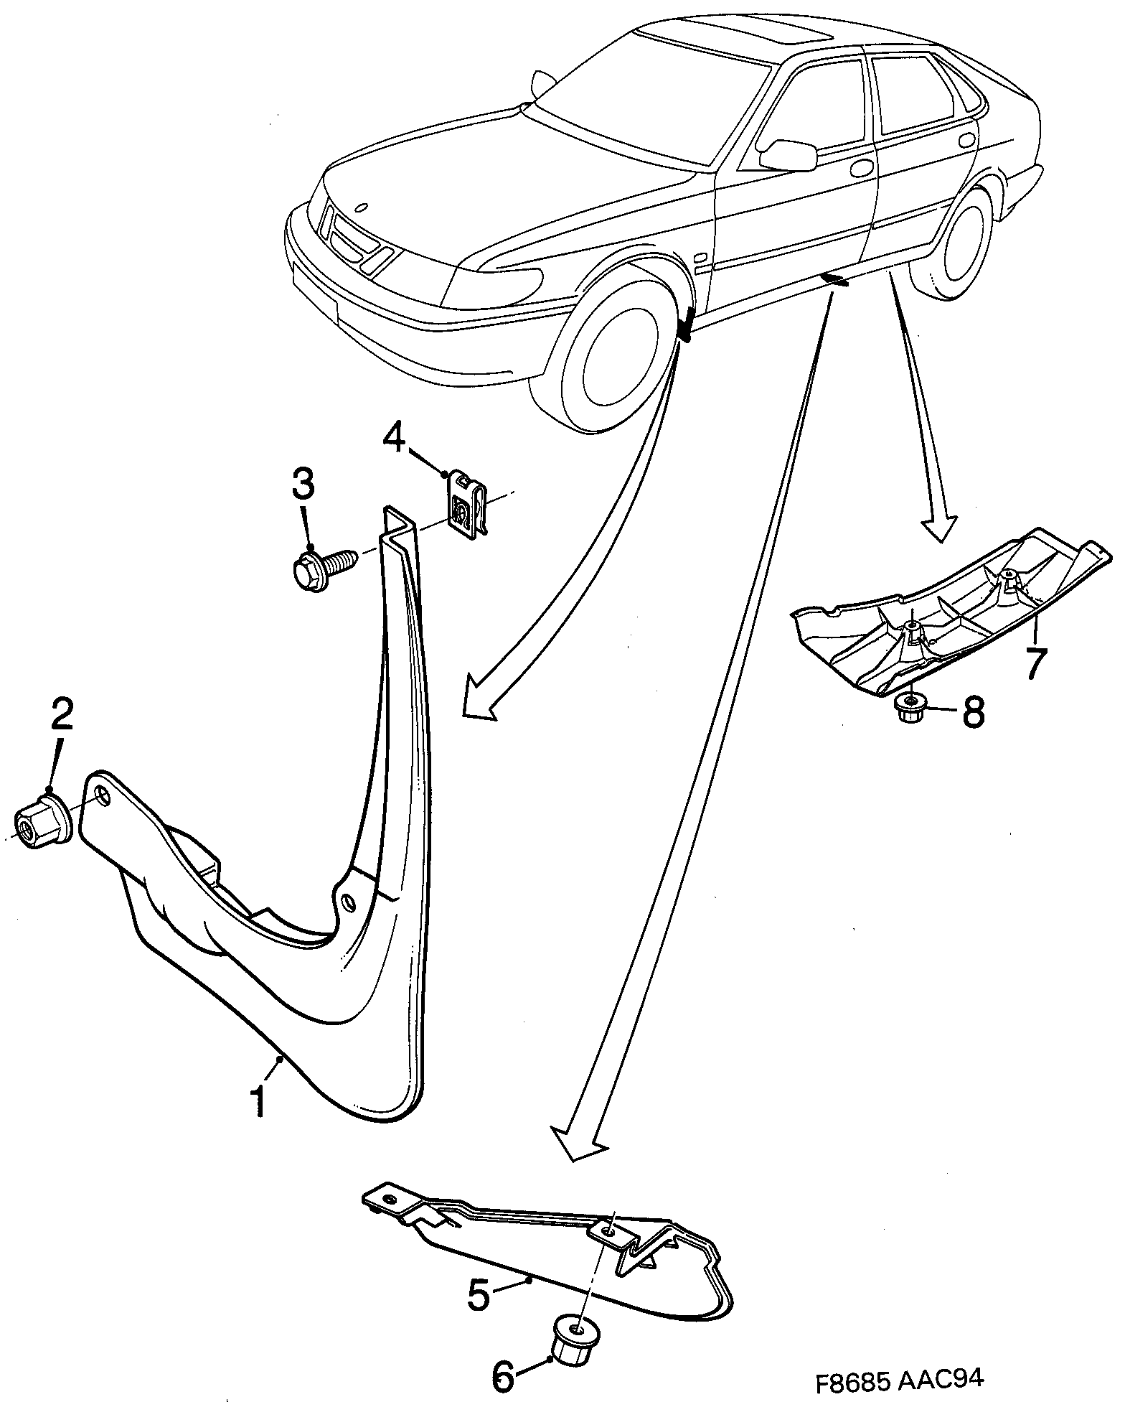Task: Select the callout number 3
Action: (302, 485)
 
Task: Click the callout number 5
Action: (480, 1295)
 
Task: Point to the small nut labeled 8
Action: (910, 709)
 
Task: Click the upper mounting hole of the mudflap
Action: (103, 795)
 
